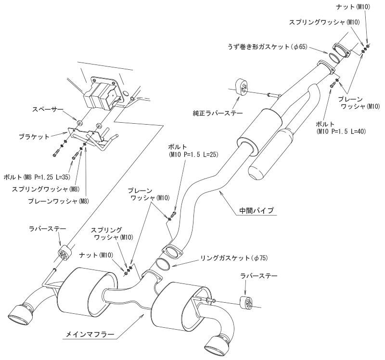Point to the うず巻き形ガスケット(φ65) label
tap(268, 47)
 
